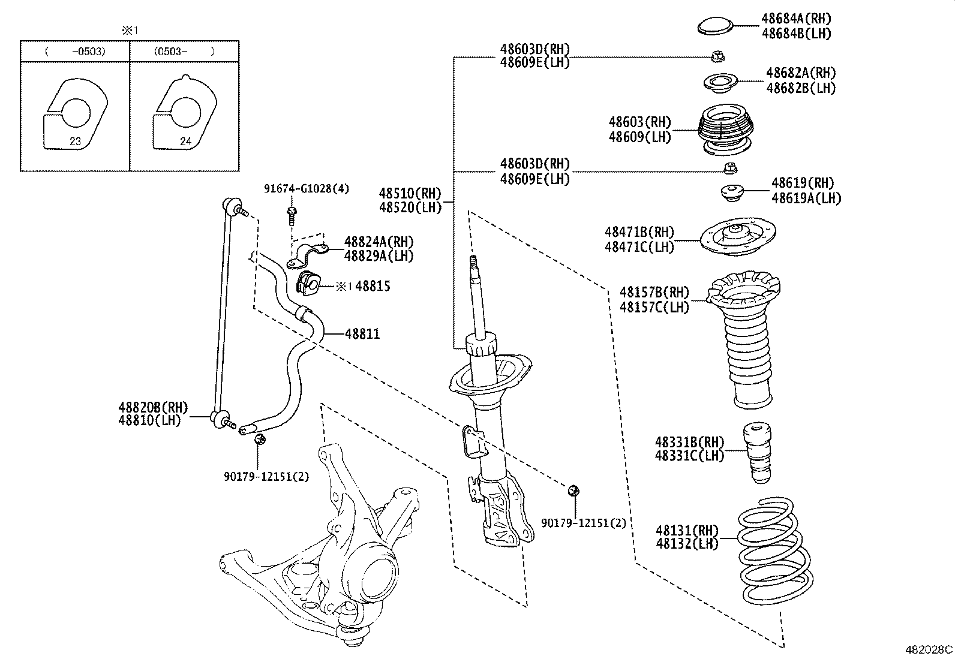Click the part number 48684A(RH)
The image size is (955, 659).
click(796, 19)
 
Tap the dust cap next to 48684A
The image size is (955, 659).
click(716, 26)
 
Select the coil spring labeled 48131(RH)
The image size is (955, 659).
click(774, 552)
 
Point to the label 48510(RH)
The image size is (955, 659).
click(410, 194)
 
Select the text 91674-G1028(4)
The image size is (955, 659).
click(307, 189)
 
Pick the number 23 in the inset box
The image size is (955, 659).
click(75, 142)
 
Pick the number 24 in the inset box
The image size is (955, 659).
click(185, 142)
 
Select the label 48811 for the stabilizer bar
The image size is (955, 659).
click(362, 333)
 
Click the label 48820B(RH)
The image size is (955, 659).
click(154, 408)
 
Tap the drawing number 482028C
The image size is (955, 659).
click(928, 649)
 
